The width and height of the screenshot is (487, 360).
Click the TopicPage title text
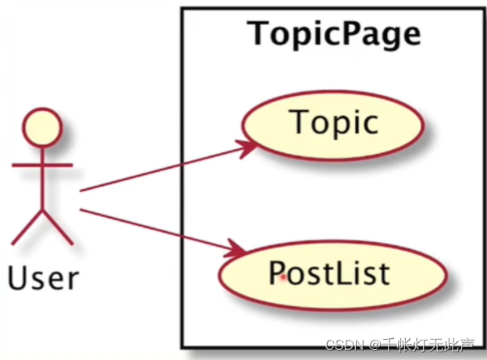click(x=334, y=34)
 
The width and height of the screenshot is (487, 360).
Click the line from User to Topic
click(x=164, y=169)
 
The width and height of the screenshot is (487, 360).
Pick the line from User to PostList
click(x=156, y=230)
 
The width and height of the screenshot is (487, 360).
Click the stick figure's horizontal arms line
click(x=43, y=166)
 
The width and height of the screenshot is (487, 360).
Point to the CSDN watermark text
click(x=340, y=344)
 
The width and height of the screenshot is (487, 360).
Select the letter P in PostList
click(x=277, y=274)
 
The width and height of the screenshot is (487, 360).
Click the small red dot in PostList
click(x=283, y=277)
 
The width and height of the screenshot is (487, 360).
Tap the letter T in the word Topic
click(x=299, y=123)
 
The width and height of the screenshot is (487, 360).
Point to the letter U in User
click(x=18, y=276)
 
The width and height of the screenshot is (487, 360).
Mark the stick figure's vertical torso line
click(x=43, y=184)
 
